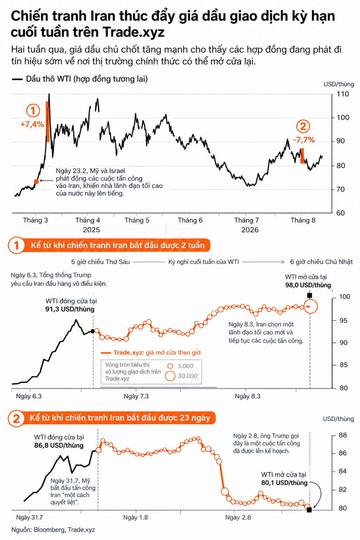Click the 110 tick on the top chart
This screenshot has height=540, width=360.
coord(343,94)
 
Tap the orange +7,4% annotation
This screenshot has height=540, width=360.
coord(32,124)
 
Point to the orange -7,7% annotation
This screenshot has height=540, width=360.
coord(304,140)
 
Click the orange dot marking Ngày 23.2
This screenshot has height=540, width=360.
coord(36,181)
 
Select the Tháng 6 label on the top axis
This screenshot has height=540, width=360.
coord(190,220)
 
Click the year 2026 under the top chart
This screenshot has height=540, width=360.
coord(250,230)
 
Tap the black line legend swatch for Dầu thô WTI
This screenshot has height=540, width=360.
coord(17,79)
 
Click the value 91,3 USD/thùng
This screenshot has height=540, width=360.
coord(70,309)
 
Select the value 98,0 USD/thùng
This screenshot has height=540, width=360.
coord(308,285)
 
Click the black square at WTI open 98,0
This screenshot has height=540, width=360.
coord(310,295)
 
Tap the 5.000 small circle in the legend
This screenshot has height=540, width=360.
coord(170,366)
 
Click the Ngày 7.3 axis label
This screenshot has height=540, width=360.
coord(136,396)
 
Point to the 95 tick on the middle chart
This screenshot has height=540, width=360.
coord(343,320)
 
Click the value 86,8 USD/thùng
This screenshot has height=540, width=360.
coord(59,445)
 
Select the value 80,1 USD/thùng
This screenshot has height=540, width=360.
coord(284,483)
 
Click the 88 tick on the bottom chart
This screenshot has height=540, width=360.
coord(343,435)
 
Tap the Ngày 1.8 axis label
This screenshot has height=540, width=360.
coord(135,517)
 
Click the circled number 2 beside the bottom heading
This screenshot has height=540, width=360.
coord(16,419)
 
